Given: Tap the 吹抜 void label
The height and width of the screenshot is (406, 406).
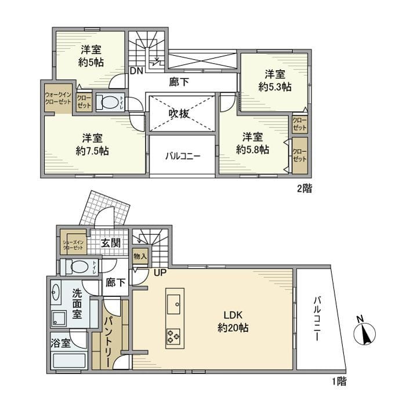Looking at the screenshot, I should (179, 114).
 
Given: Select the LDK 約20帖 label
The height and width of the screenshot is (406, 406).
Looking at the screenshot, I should (233, 321).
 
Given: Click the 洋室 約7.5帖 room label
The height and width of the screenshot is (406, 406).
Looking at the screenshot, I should (92, 144).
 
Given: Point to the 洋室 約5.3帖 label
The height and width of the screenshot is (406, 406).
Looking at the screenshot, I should (275, 80).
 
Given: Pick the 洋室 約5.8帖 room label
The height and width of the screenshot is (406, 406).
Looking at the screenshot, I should (252, 143).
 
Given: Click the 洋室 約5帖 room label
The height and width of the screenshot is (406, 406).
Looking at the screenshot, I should (92, 56).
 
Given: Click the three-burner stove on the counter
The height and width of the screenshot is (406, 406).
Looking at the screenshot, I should (173, 335).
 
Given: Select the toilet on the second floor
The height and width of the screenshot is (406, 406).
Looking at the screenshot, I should (108, 103).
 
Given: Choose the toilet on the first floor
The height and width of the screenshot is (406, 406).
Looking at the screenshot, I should (74, 267).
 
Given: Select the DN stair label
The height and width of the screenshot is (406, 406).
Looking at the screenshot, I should (136, 71).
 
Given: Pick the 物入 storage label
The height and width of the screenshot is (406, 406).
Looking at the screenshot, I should (140, 255).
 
